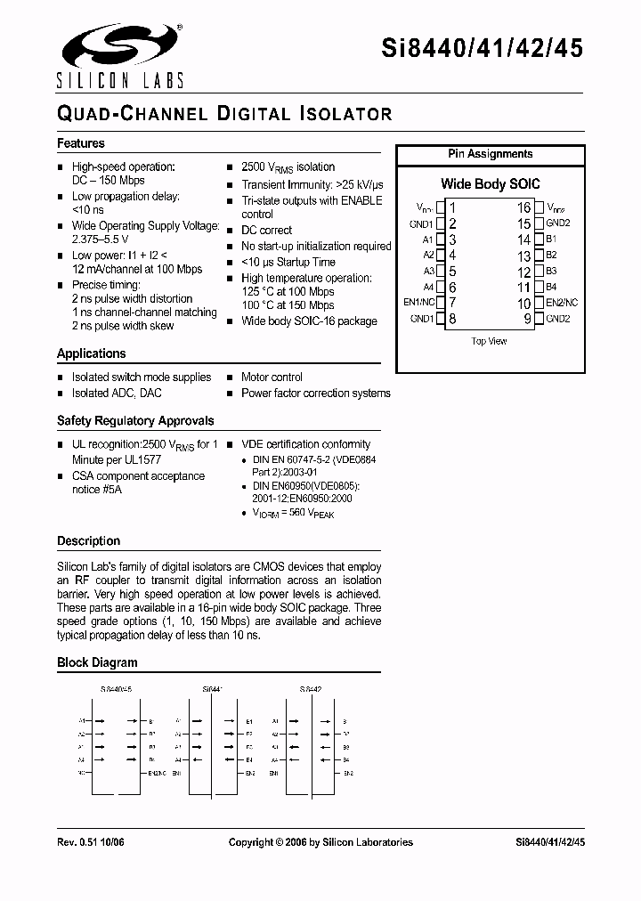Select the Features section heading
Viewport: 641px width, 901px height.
[81, 143]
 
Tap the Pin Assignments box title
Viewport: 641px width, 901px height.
[490, 154]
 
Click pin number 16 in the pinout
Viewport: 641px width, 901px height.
[524, 207]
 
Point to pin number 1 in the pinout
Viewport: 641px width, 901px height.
[451, 207]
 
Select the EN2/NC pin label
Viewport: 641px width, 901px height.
[562, 303]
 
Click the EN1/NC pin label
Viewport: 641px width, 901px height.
[418, 303]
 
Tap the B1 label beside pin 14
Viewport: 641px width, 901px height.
[551, 239]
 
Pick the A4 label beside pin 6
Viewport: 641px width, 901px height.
[427, 287]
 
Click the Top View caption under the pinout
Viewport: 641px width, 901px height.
[489, 341]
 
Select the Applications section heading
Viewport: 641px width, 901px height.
[92, 353]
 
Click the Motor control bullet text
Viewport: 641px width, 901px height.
[272, 377]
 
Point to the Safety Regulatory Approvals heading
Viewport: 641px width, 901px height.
[135, 420]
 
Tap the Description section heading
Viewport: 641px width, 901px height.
[88, 540]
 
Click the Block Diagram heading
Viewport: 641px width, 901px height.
[97, 662]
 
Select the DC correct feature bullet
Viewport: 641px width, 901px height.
[266, 230]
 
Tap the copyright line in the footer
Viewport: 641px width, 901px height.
[320, 842]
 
